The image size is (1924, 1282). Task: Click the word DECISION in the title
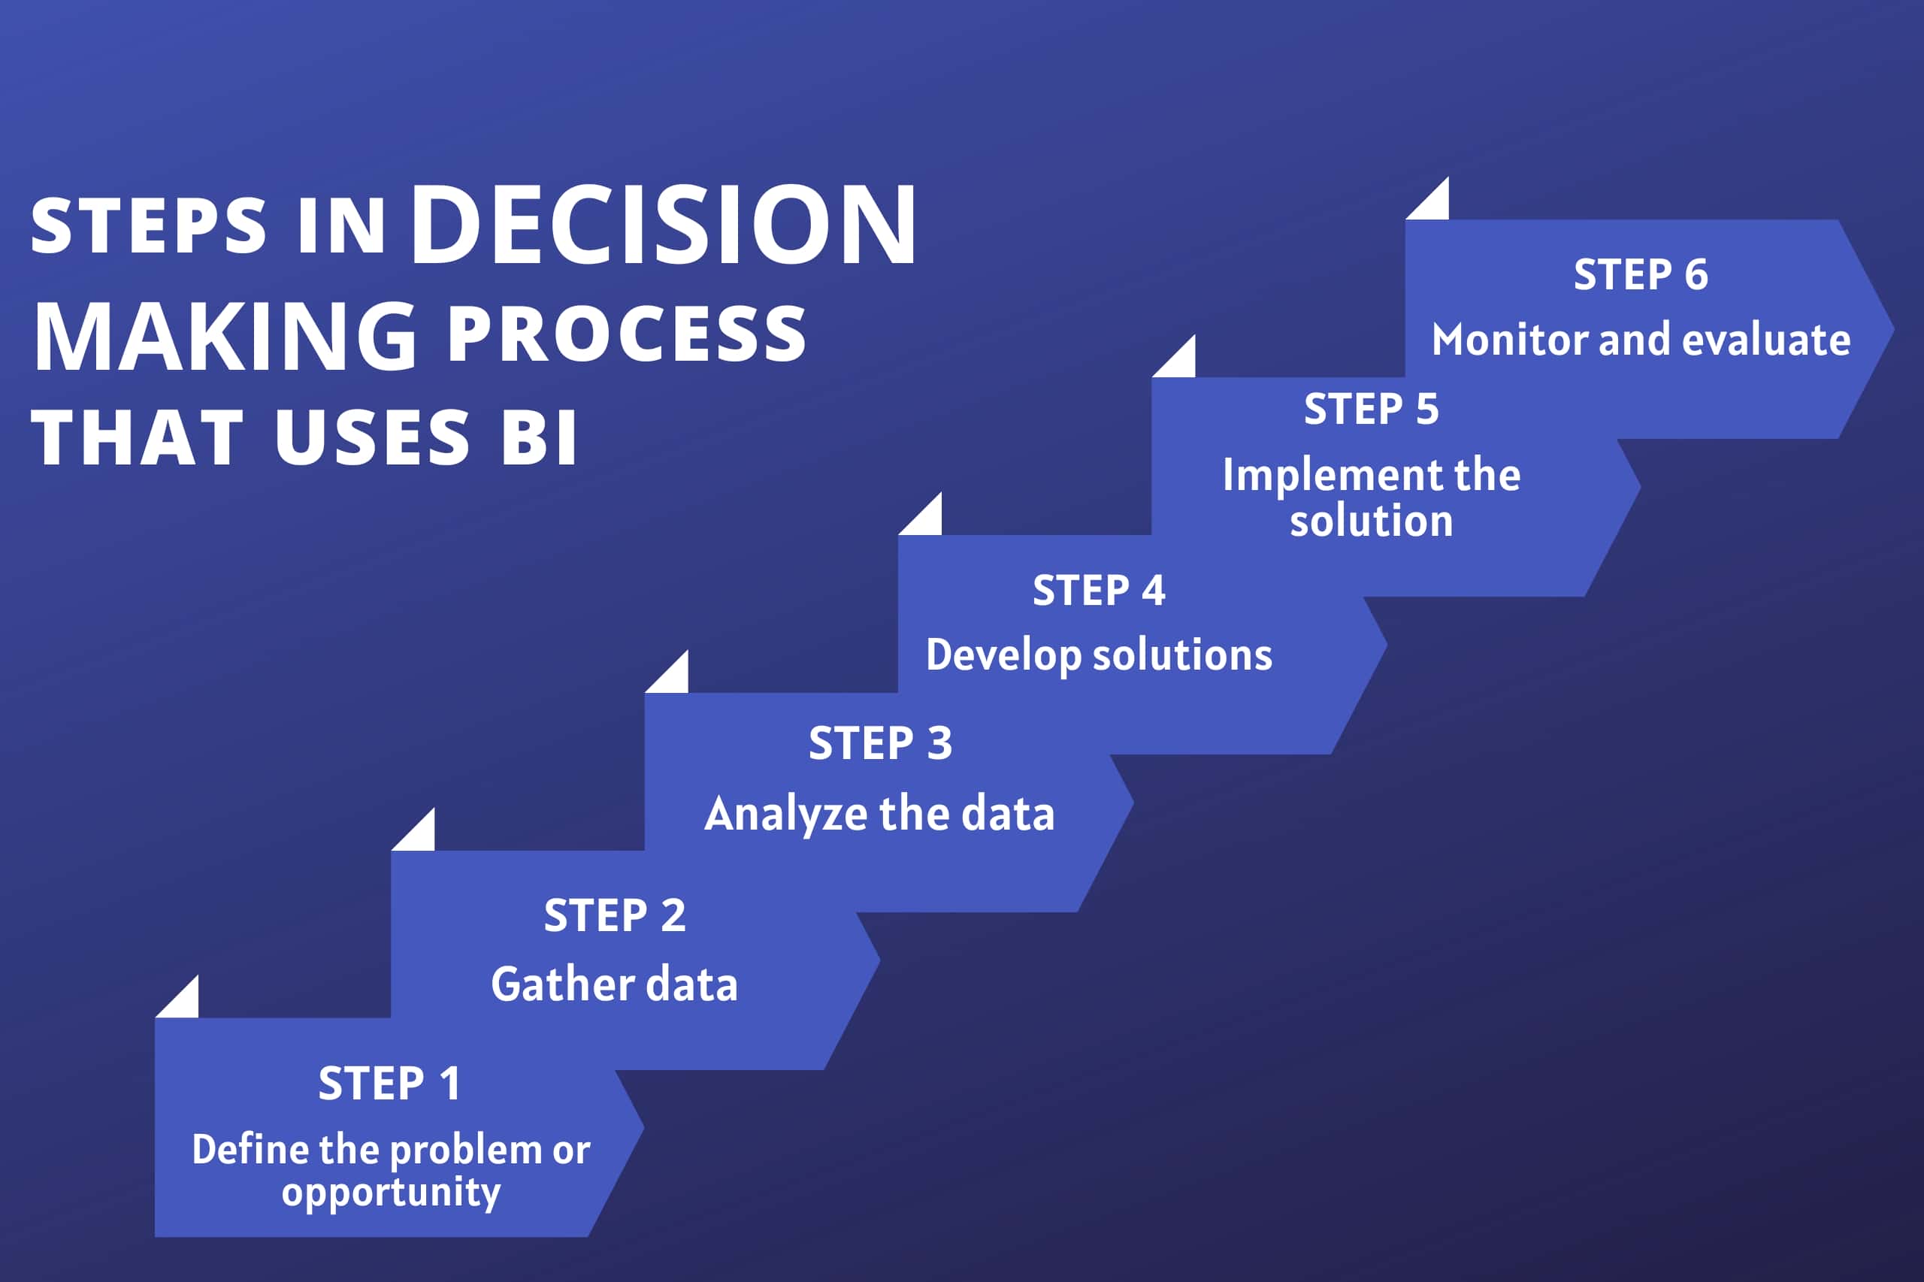click(x=664, y=224)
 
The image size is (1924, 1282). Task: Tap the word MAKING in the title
click(x=225, y=335)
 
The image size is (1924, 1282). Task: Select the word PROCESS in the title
click(x=627, y=334)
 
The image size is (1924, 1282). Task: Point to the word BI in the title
click(x=539, y=437)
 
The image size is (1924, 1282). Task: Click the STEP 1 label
click(x=389, y=1084)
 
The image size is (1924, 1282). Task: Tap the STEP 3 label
click(x=881, y=743)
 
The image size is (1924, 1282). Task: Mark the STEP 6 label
click(x=1641, y=273)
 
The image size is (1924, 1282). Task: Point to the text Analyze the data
click(x=880, y=815)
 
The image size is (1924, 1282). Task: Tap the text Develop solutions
click(x=1099, y=656)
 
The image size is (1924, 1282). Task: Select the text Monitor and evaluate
click(x=1641, y=340)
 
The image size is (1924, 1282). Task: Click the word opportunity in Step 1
click(x=391, y=1192)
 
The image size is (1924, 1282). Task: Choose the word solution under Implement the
click(x=1372, y=521)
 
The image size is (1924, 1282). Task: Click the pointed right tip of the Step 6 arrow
click(x=1894, y=328)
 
